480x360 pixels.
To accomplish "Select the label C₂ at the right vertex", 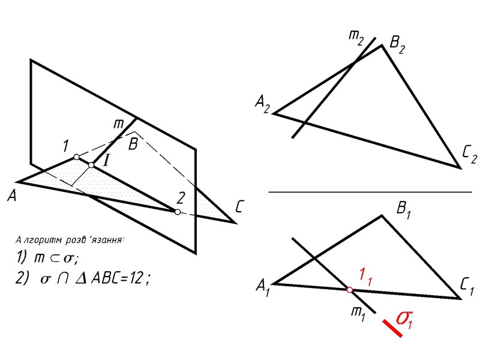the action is (469, 158).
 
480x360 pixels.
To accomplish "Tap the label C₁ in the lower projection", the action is (469, 289).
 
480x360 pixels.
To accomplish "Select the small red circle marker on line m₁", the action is (349, 290).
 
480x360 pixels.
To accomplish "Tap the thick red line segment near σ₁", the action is (392, 328).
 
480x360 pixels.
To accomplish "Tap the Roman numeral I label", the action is (107, 160).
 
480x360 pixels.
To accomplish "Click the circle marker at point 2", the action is (177, 212).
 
